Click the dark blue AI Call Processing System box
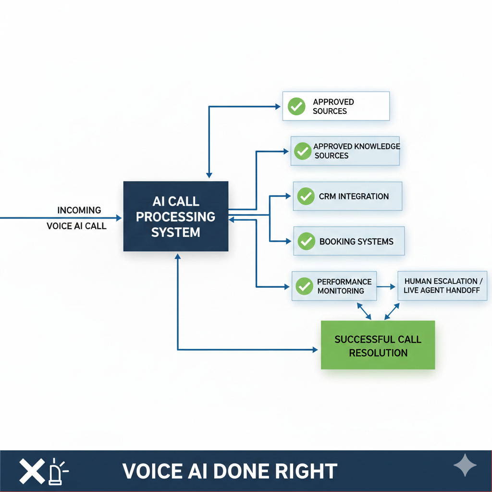tap(176, 216)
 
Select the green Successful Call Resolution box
tap(378, 345)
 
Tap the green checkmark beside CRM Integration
tap(306, 196)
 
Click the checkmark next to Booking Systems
tap(306, 241)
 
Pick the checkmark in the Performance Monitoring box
tap(304, 286)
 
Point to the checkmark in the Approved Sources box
tap(296, 106)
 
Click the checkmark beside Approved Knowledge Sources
tap(302, 151)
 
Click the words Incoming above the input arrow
tap(79, 210)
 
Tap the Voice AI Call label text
tap(76, 226)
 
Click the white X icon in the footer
tap(31, 471)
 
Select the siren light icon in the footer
tap(57, 472)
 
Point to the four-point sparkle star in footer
tap(465, 465)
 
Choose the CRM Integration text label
tap(354, 196)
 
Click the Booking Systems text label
tap(356, 241)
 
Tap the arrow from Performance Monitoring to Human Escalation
tap(386, 286)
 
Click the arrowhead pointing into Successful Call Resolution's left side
tap(315, 349)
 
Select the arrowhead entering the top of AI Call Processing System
tap(209, 176)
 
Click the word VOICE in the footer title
tap(151, 471)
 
